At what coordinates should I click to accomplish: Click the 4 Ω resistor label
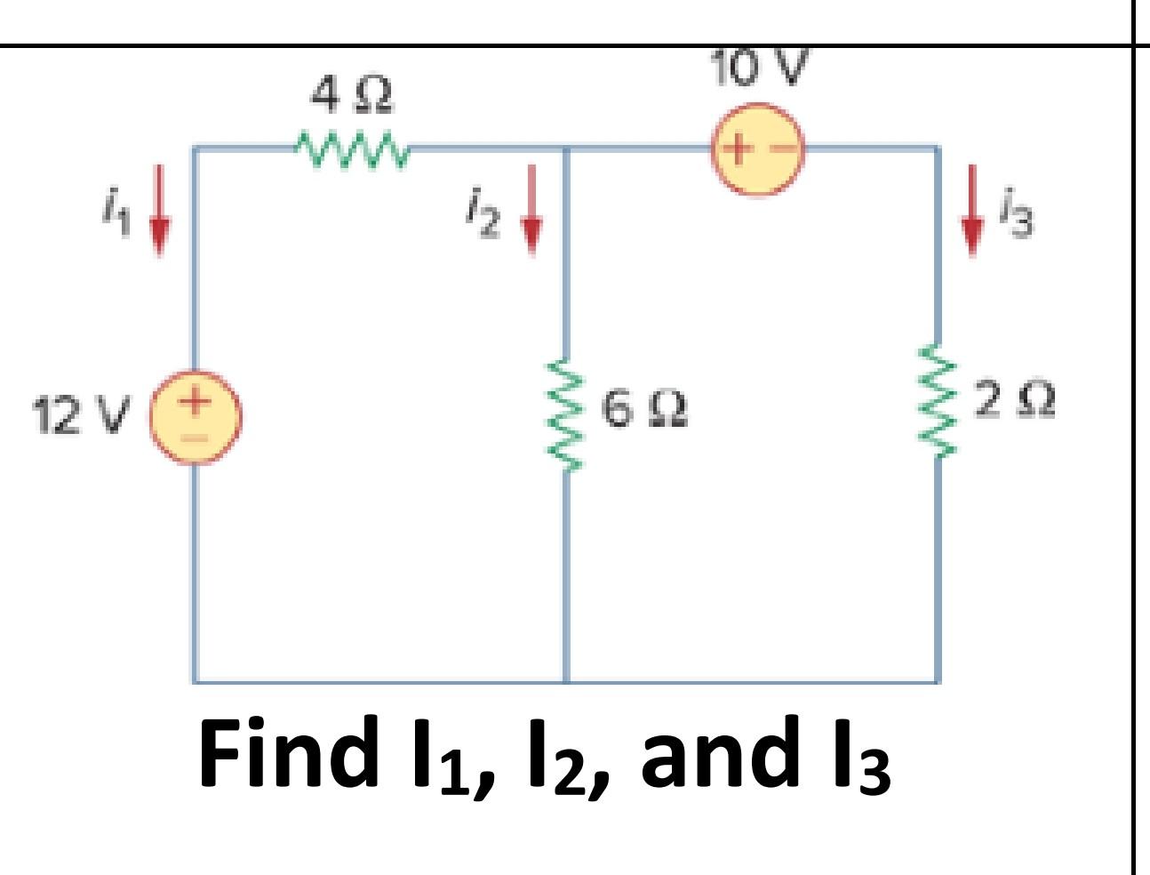pos(352,95)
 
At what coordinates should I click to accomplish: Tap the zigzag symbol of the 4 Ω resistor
pos(352,149)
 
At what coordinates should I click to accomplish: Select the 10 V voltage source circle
pos(756,149)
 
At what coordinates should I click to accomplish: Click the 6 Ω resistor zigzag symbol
pos(565,415)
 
